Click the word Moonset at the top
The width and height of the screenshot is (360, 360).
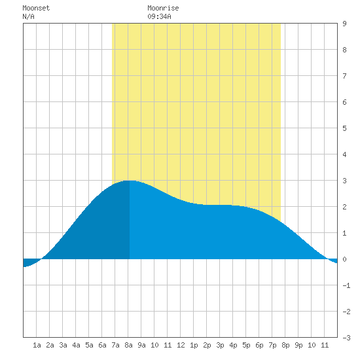(36, 8)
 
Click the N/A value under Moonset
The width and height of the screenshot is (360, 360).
(28, 16)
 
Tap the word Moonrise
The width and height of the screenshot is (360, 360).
(163, 8)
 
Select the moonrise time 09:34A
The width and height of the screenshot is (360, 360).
(159, 16)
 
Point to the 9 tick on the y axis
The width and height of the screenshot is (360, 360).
(344, 24)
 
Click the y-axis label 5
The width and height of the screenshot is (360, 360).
(344, 128)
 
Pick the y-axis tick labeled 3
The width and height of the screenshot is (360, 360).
(344, 181)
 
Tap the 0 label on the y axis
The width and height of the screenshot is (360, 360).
(344, 259)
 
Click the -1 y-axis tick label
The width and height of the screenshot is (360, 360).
(346, 285)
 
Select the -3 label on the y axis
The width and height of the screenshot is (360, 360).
(346, 338)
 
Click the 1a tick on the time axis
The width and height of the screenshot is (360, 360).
(37, 345)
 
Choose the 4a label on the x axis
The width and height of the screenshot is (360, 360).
(76, 345)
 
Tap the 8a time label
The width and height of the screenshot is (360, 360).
(128, 345)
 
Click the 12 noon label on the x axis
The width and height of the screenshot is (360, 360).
(181, 345)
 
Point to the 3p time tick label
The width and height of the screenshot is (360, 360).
(220, 345)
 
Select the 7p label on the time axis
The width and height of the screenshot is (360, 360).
(272, 345)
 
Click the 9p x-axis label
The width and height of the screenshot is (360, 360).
(298, 345)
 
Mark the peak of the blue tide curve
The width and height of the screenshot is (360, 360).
(130, 181)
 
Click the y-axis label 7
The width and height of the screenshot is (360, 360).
(344, 76)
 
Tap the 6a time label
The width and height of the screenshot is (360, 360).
(102, 345)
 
